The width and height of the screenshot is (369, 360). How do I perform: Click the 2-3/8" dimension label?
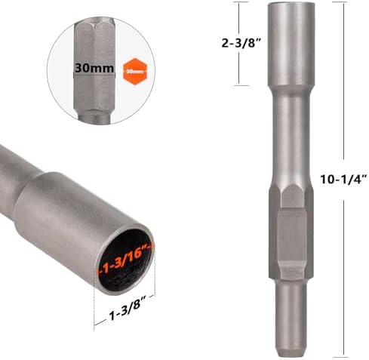(x=240, y=43)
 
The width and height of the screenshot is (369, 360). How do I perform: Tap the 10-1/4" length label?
(x=343, y=180)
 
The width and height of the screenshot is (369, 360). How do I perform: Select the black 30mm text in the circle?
(x=94, y=68)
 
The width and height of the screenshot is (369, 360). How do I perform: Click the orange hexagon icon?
(x=135, y=72)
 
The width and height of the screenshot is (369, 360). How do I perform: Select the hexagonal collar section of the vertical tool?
(x=291, y=232)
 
